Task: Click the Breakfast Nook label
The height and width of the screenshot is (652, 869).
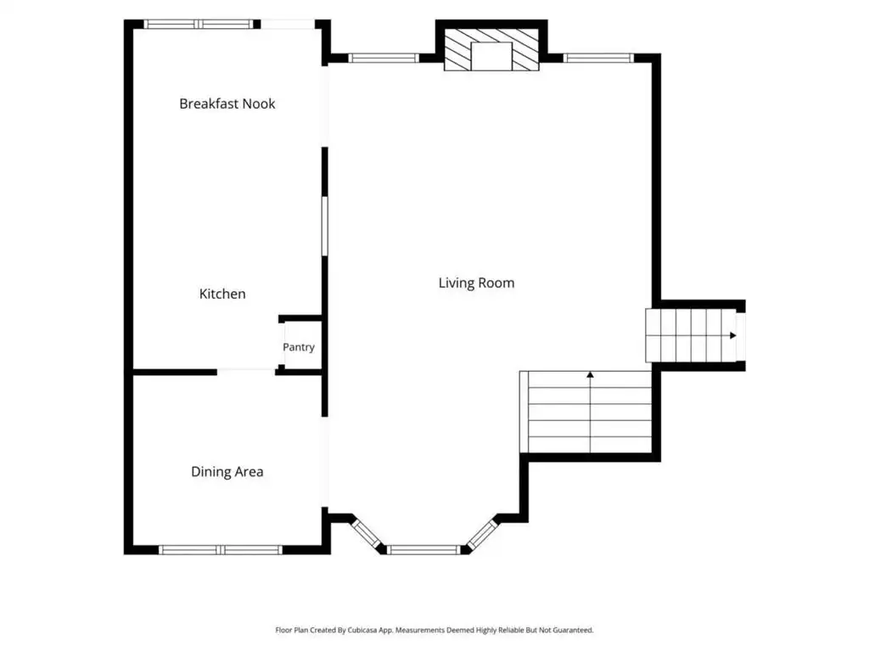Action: [x=227, y=104]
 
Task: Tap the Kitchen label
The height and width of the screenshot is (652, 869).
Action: [x=222, y=294]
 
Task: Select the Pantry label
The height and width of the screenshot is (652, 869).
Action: [x=299, y=347]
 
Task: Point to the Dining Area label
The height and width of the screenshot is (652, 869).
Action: [x=227, y=472]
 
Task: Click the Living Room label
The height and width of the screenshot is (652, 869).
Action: [x=477, y=283]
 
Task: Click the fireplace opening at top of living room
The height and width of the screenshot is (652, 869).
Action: [x=491, y=56]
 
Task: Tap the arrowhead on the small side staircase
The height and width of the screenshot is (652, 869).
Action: [x=733, y=335]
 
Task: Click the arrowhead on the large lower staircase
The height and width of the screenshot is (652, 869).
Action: [x=591, y=375]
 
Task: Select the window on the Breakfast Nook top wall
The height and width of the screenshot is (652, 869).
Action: [x=199, y=25]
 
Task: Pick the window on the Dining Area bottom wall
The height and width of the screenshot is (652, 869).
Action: [x=221, y=550]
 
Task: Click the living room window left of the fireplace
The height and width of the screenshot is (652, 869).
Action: [x=384, y=58]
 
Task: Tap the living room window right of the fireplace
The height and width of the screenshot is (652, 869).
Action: [x=598, y=58]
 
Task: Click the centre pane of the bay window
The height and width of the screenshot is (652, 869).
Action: [x=423, y=550]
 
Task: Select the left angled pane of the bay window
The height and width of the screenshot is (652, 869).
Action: [x=366, y=532]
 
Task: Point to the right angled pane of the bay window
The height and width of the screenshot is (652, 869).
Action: [x=482, y=533]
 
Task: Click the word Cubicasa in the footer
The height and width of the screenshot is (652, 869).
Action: [x=362, y=631]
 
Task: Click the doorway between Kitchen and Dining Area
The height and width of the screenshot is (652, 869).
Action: [x=246, y=372]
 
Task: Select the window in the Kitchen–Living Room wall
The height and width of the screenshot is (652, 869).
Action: [x=325, y=226]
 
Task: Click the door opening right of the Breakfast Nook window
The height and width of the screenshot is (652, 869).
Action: [x=288, y=25]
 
